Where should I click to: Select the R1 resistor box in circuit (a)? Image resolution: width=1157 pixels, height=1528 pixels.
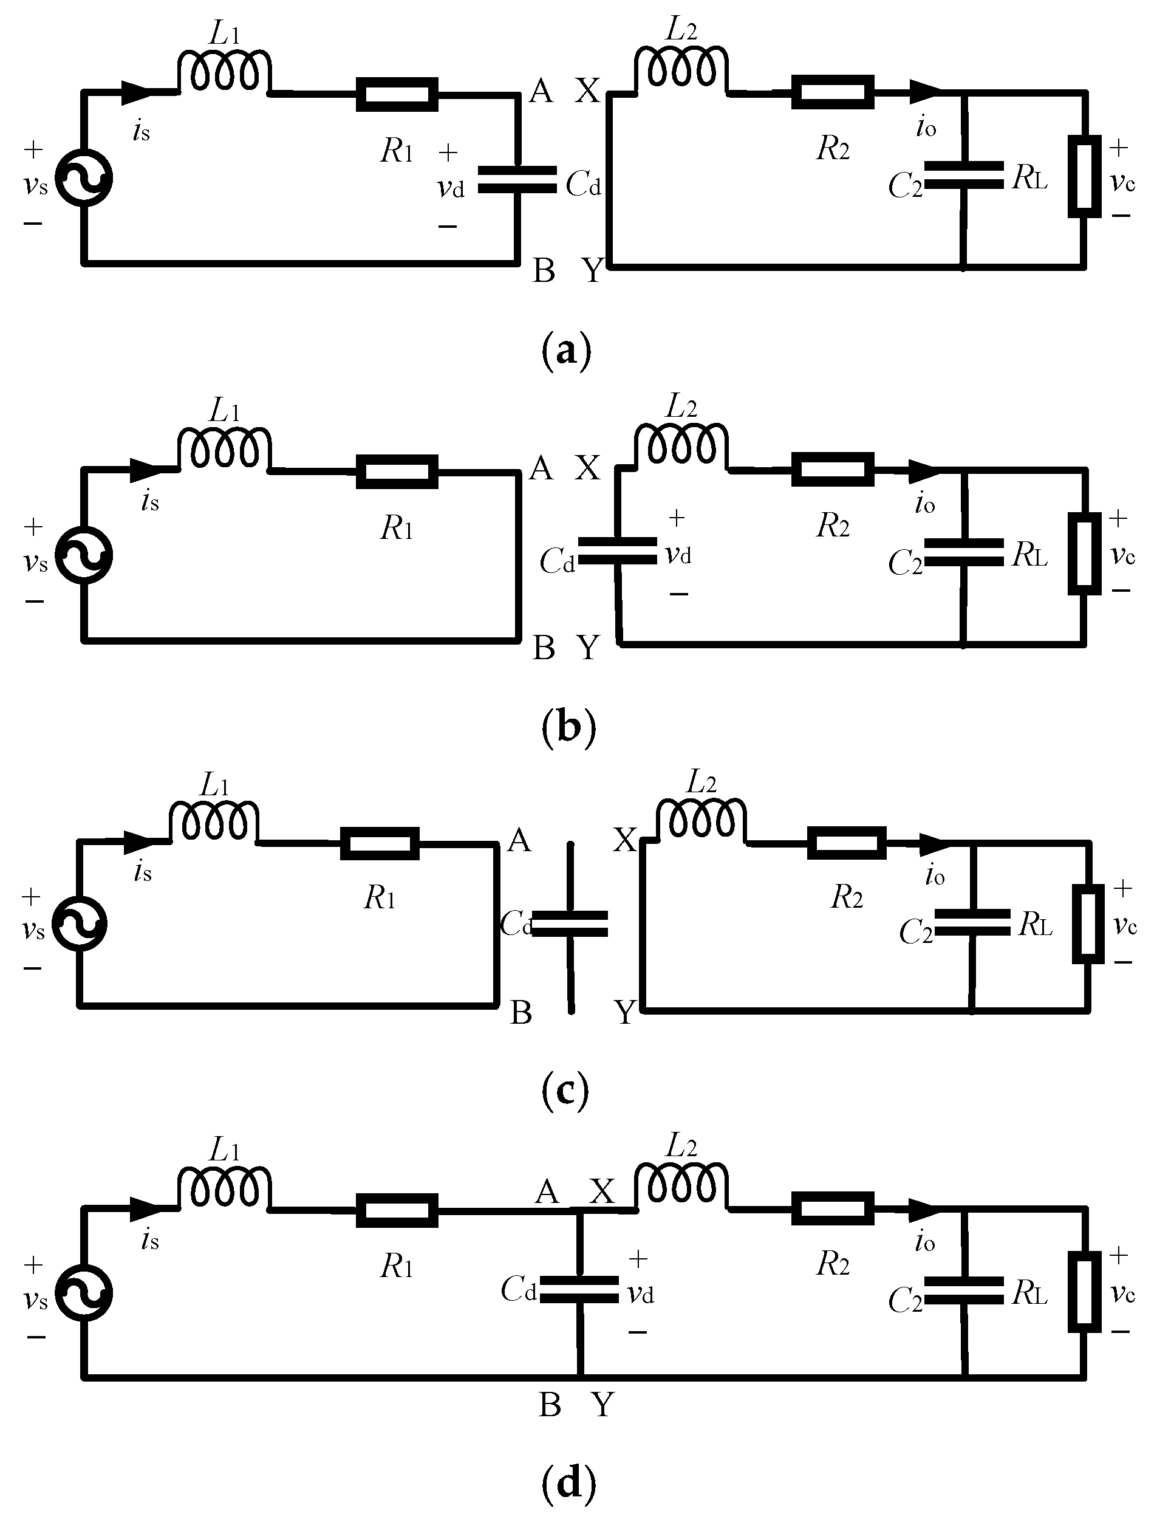(397, 95)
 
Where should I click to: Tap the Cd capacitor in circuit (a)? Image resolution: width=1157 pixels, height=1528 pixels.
(517, 180)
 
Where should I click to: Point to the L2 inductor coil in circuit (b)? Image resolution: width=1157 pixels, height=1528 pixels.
(680, 446)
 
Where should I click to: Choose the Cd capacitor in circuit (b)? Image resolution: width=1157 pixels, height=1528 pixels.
(617, 551)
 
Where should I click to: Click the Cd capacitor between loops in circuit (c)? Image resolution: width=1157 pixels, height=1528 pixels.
(570, 923)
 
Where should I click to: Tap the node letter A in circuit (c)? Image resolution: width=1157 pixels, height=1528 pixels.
(519, 841)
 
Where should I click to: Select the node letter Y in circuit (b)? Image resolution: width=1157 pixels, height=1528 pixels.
(588, 648)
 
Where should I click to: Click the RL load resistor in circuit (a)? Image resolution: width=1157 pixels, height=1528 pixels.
(1085, 177)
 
